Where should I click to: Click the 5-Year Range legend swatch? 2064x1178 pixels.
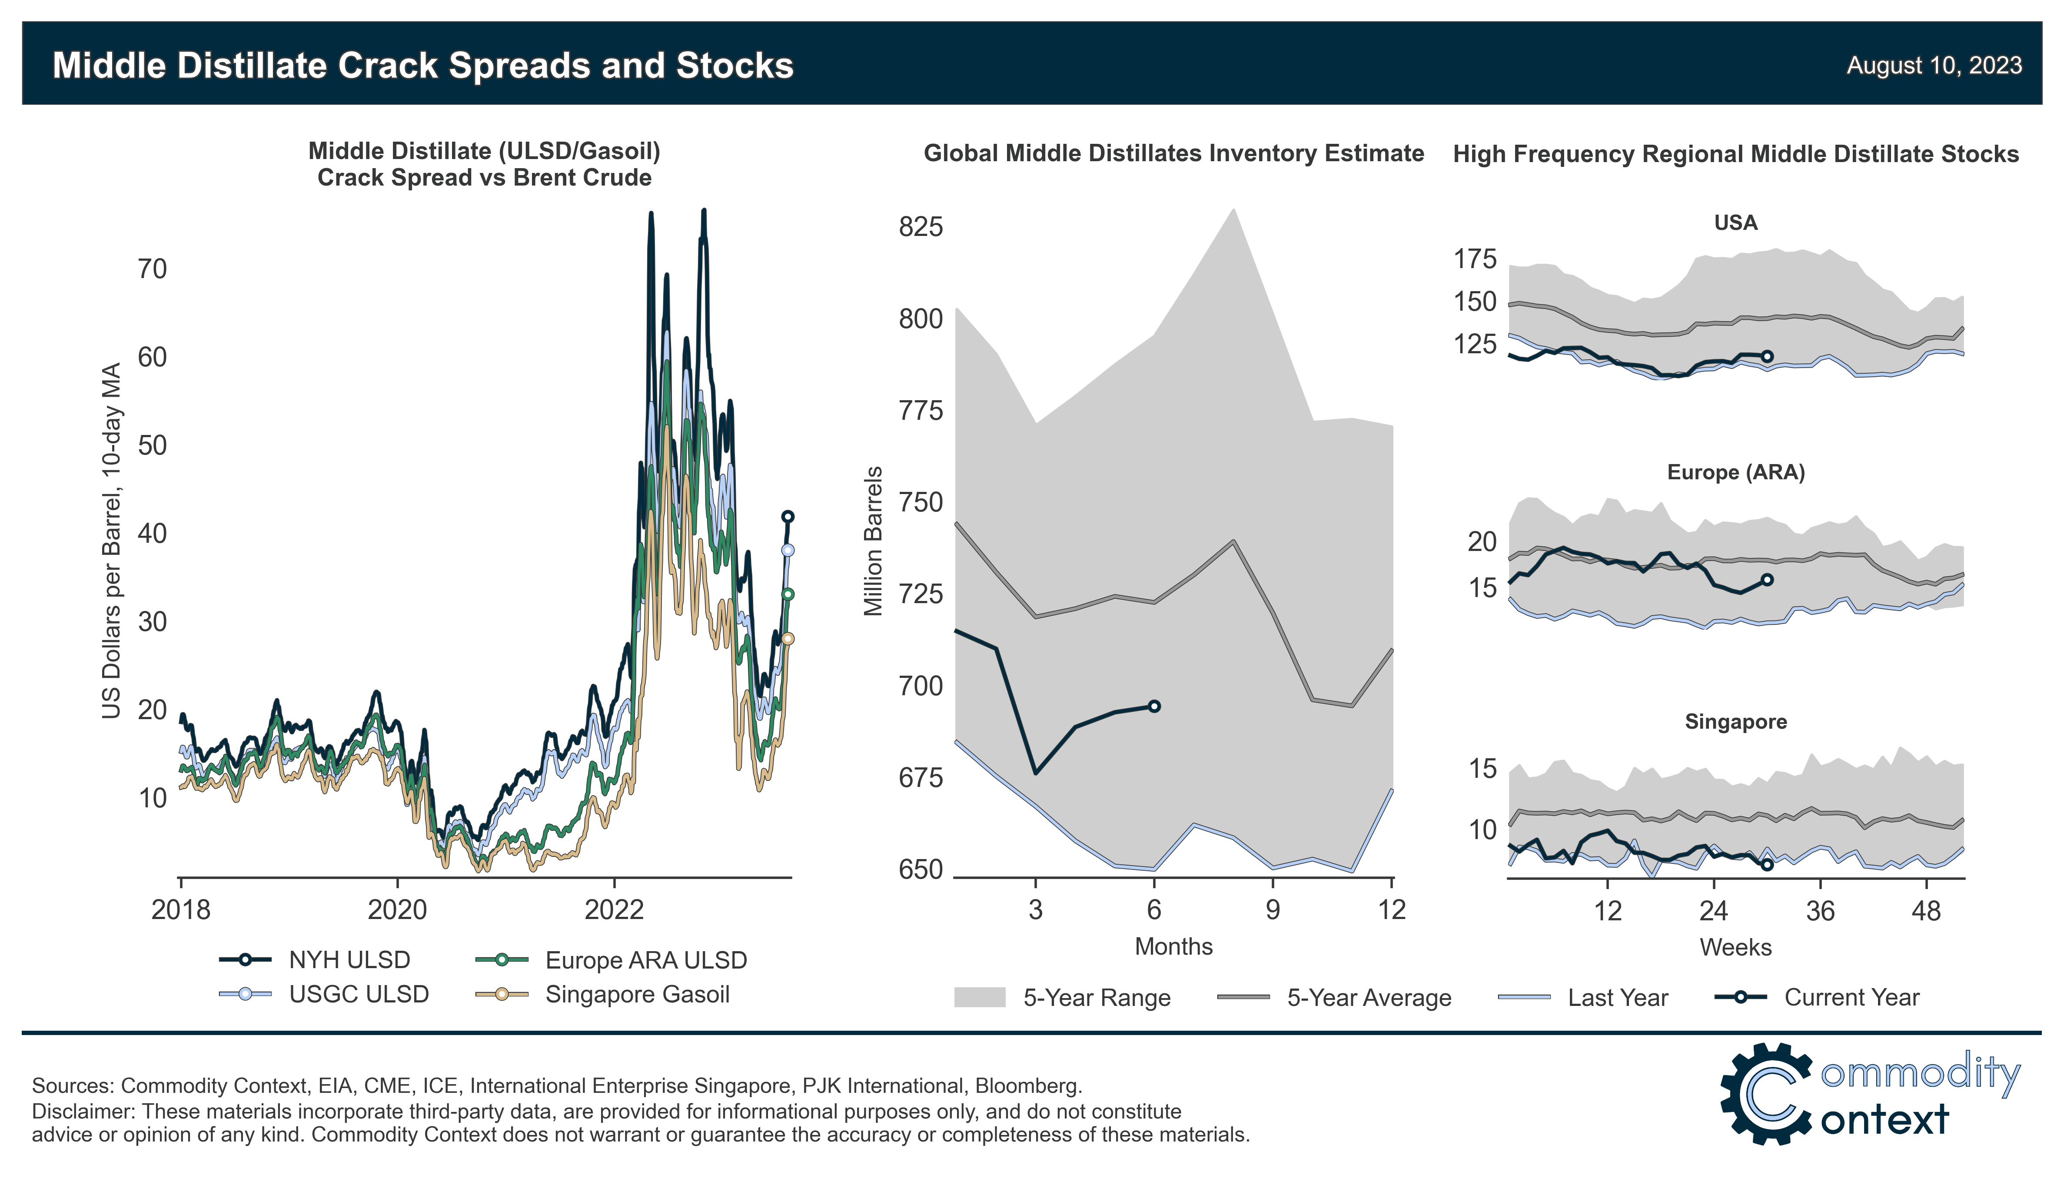point(979,997)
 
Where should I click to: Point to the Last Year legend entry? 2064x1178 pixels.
point(1617,998)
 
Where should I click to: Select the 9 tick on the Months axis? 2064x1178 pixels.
point(1273,910)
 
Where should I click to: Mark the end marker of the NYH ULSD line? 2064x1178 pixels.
point(787,516)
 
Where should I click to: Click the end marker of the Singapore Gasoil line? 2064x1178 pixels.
point(787,638)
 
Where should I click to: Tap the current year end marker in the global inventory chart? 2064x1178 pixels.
point(1155,706)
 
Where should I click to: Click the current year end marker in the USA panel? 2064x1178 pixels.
point(1767,356)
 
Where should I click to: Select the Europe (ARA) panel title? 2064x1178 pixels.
point(1735,472)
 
